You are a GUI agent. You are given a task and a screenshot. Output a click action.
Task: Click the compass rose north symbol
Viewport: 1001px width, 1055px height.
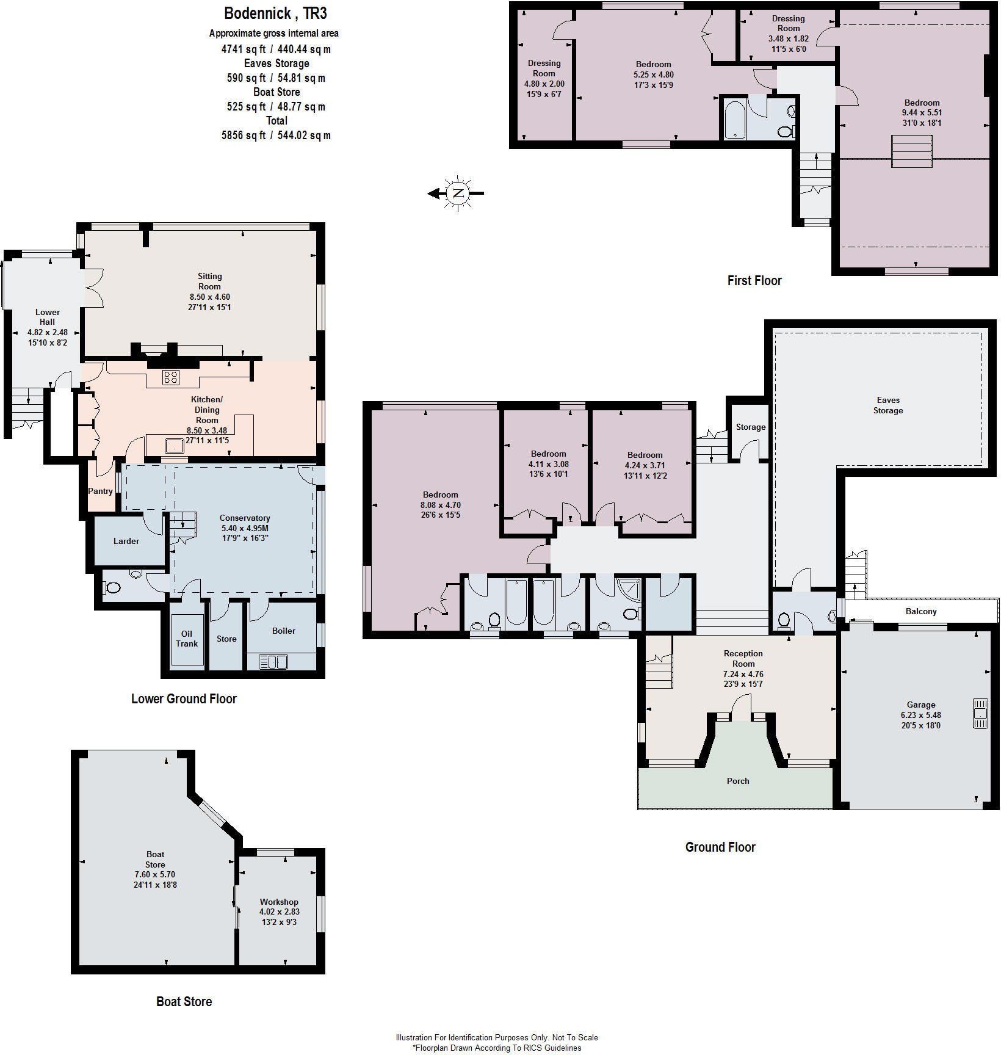tap(458, 194)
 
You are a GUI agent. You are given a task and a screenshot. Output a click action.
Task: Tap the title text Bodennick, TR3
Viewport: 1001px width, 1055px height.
tap(275, 13)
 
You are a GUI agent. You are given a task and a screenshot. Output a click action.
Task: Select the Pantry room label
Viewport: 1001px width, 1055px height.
tap(100, 491)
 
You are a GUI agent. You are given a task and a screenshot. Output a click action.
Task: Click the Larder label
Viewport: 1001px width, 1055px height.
tap(126, 541)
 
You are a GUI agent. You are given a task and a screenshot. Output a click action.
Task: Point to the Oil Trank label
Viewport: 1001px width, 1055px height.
tap(187, 639)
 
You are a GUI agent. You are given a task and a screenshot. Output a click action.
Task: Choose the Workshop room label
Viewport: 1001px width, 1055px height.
tap(279, 902)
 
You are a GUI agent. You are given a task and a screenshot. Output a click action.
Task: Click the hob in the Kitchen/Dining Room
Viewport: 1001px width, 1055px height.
tap(171, 377)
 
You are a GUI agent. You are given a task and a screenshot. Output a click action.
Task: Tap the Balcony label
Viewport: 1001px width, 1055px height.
tap(921, 611)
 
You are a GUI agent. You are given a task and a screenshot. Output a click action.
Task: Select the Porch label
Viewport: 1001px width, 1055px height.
tap(738, 781)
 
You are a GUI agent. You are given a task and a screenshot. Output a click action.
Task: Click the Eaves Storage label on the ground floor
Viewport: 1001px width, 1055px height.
tap(888, 405)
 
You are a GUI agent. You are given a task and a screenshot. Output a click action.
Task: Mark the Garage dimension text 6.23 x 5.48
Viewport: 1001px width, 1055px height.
tap(921, 715)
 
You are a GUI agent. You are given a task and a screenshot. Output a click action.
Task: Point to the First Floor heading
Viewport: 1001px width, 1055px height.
tap(754, 281)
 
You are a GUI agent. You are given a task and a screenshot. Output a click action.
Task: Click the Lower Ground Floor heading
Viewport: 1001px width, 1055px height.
tap(184, 699)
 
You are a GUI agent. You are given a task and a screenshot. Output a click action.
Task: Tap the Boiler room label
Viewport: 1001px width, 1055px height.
tap(284, 631)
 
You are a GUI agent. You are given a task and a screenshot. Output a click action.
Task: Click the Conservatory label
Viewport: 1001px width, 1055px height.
tap(245, 518)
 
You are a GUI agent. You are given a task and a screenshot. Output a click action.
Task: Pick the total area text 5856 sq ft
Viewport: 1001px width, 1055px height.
tap(244, 136)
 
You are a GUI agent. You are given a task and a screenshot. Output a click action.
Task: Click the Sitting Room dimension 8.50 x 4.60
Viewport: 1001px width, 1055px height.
tap(209, 297)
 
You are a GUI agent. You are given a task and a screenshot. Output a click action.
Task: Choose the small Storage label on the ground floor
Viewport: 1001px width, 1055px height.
tap(751, 427)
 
